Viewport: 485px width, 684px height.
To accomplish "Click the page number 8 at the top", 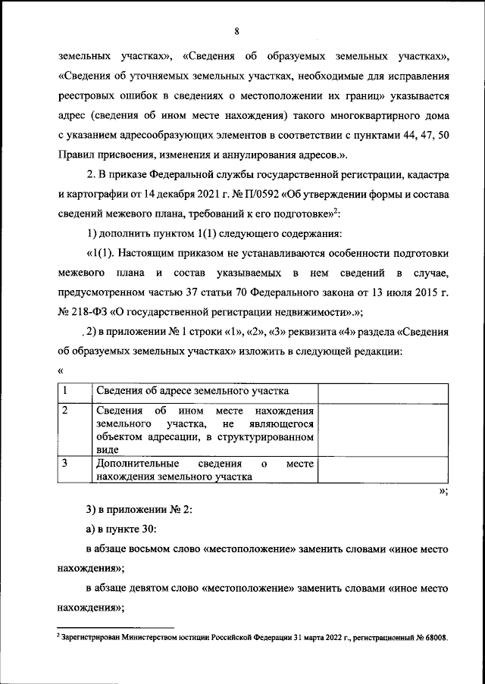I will pyautogui.click(x=237, y=31).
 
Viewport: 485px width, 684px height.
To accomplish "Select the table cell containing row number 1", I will pyautogui.click(x=74, y=391).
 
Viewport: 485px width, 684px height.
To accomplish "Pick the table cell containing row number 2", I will pyautogui.click(x=74, y=429).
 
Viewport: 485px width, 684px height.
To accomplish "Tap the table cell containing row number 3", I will pyautogui.click(x=74, y=470).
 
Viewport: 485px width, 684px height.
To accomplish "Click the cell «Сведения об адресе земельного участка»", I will pyautogui.click(x=193, y=392).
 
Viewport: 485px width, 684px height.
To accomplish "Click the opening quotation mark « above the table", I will pyautogui.click(x=60, y=370).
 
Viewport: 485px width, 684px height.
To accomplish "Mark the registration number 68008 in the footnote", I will pyautogui.click(x=434, y=637).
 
